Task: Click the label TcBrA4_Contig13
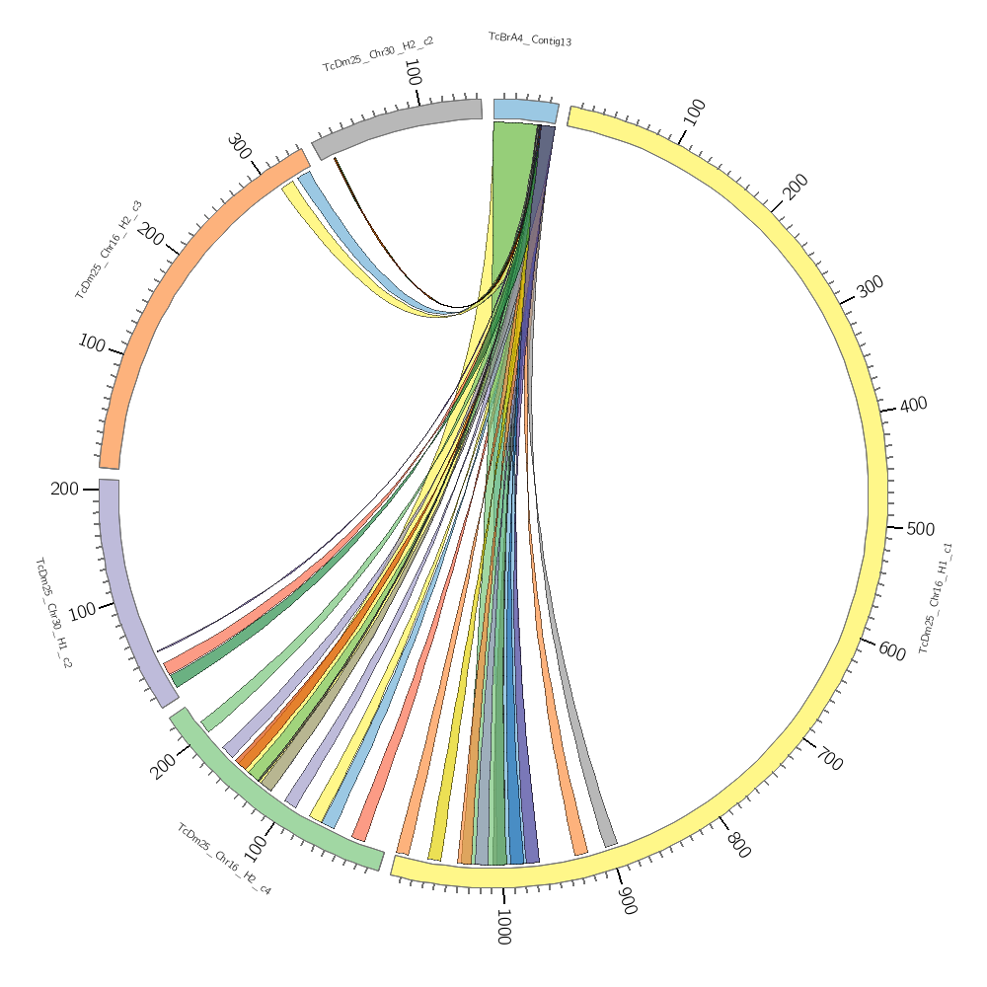[530, 40]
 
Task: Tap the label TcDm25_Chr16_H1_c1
[935, 597]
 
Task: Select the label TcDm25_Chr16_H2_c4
[224, 860]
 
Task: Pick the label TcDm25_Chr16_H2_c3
[109, 250]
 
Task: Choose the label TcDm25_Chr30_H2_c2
[377, 54]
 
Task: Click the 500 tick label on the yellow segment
[920, 529]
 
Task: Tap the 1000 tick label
[503, 929]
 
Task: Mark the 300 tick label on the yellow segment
[870, 287]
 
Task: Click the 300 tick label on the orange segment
[239, 147]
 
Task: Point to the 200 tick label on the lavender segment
[64, 489]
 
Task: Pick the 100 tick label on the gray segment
[414, 73]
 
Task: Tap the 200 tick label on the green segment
[164, 765]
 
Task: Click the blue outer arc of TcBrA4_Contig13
[526, 111]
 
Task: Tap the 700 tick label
[830, 761]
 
